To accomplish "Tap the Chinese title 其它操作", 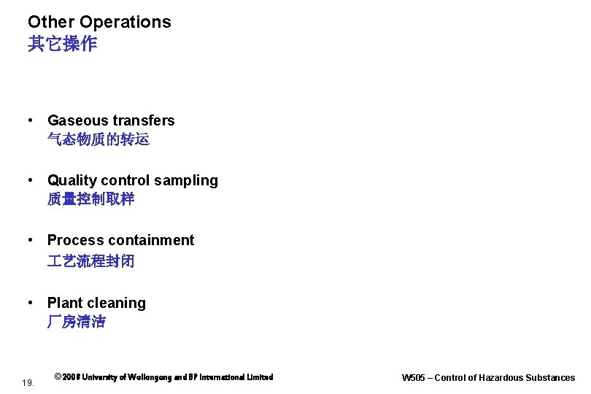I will pyautogui.click(x=62, y=45).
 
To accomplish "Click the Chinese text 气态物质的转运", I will pyautogui.click(x=98, y=139).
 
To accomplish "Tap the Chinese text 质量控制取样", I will pyautogui.click(x=91, y=199).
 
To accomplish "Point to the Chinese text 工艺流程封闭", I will pyautogui.click(x=91, y=260).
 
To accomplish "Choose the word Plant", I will pyautogui.click(x=65, y=304).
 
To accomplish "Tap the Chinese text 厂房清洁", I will pyautogui.click(x=77, y=322).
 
